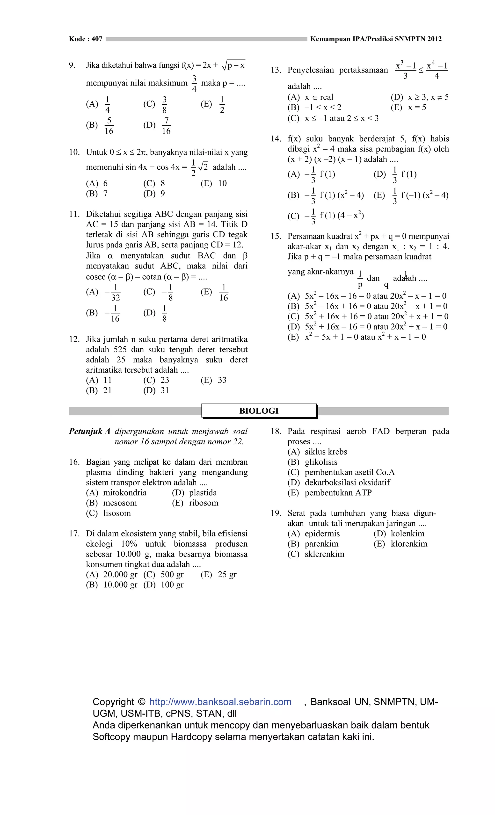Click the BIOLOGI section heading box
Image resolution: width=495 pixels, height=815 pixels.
[259, 411]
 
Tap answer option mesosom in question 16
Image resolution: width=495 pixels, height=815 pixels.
[120, 503]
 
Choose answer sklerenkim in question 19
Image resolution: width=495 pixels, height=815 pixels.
[324, 554]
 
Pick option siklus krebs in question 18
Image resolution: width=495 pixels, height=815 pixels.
[326, 452]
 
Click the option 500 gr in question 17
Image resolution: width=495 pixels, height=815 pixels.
[172, 575]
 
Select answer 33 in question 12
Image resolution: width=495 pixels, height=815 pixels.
[222, 380]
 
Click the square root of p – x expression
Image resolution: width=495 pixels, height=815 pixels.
[234, 65]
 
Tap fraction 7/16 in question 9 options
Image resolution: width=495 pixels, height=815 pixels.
[166, 126]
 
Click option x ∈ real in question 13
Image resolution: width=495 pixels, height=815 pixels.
[319, 97]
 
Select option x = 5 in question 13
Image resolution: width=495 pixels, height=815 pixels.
[417, 108]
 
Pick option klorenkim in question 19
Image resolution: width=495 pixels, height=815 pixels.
[409, 544]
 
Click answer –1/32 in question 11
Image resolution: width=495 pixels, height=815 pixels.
[112, 292]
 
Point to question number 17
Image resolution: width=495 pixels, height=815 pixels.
[74, 534]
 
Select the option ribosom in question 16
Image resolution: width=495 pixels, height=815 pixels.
[204, 503]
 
